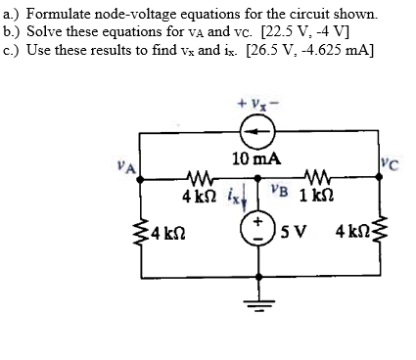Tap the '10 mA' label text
(256, 157)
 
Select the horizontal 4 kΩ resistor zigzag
(199, 178)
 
